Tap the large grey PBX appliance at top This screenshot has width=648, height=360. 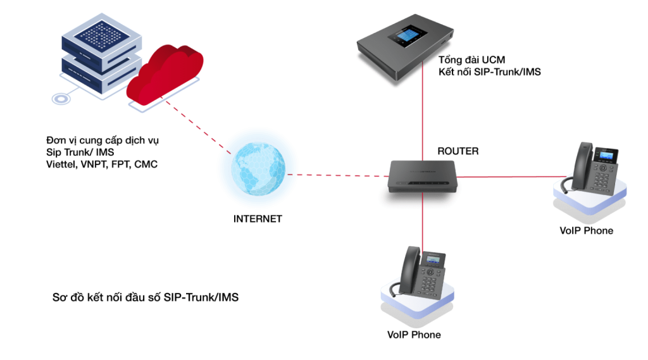coord(405,51)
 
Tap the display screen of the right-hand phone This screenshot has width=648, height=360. coord(607,156)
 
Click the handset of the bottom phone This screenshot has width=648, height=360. coord(410,270)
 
